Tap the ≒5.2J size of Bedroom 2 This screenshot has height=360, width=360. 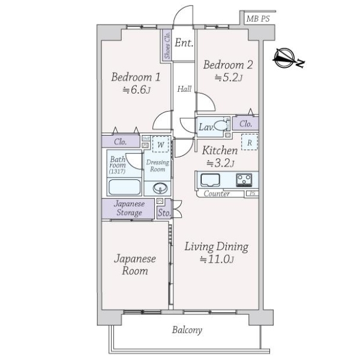tap(229, 77)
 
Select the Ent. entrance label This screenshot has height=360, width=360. tap(184, 43)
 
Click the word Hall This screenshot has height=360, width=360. tap(184, 89)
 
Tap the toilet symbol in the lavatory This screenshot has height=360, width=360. tap(221, 125)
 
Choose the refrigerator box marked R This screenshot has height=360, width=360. tap(249, 143)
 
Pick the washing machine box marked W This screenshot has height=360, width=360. tap(160, 144)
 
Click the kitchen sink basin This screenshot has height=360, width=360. tap(212, 180)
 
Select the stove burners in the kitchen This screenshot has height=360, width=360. tap(244, 179)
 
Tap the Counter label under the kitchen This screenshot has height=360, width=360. tap(217, 194)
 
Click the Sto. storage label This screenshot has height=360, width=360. tap(163, 212)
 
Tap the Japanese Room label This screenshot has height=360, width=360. tap(136, 265)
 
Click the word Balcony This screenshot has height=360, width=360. tap(187, 330)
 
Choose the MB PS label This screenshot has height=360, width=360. tap(258, 19)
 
